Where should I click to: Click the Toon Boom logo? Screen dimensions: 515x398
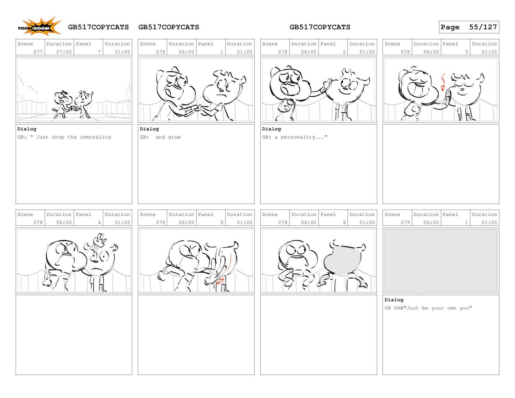click(39, 26)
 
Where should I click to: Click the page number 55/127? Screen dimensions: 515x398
click(483, 27)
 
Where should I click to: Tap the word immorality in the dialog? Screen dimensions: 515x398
click(95, 137)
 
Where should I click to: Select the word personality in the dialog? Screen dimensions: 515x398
click(298, 137)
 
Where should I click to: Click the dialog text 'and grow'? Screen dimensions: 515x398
click(168, 137)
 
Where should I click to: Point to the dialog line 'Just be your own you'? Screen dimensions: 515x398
click(439, 308)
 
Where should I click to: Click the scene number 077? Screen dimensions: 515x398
click(38, 52)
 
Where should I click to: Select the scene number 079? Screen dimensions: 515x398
click(405, 222)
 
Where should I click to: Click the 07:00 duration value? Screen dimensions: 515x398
click(64, 52)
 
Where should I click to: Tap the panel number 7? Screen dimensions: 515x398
click(99, 52)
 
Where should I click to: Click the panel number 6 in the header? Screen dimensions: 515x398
click(344, 222)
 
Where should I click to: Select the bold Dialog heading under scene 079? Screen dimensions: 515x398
click(394, 300)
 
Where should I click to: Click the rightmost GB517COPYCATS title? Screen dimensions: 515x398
click(320, 27)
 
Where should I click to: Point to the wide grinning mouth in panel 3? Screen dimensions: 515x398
click(418, 90)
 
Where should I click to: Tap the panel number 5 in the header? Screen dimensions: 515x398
click(221, 222)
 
